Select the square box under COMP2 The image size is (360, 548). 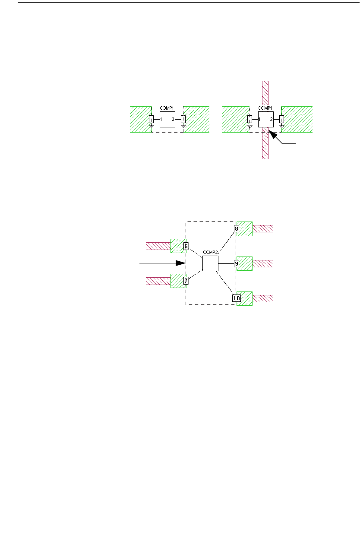tap(210, 263)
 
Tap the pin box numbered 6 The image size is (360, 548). tap(186, 247)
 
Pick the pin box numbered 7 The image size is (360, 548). tap(186, 281)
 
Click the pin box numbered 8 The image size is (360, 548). tap(237, 228)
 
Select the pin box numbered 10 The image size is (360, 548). tap(237, 298)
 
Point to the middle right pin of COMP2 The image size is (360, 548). tap(237, 263)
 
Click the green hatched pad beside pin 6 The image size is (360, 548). tap(177, 246)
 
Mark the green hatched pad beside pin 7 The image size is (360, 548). tap(177, 281)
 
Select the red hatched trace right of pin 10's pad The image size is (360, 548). tap(263, 298)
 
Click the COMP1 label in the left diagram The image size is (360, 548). tap(167, 108)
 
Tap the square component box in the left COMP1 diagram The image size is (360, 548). tap(167, 119)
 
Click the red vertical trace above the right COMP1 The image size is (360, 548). tap(265, 93)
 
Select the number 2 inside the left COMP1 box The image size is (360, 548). tap(173, 119)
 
